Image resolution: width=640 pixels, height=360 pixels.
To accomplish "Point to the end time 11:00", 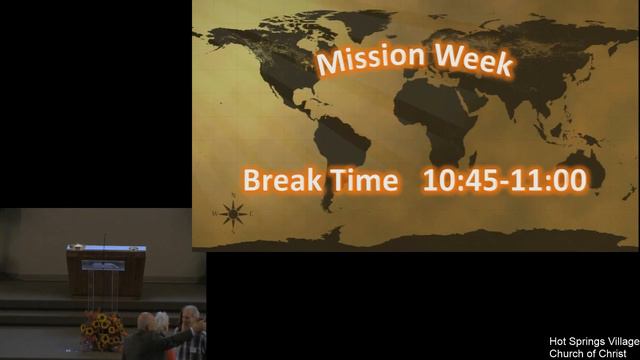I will pyautogui.click(x=547, y=182).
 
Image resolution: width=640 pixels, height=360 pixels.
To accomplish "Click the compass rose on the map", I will pyautogui.click(x=233, y=212).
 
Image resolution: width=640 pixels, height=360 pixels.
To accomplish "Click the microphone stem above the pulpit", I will pyautogui.click(x=104, y=240).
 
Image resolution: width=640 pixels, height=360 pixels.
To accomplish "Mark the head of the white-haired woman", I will pyautogui.click(x=163, y=321).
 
